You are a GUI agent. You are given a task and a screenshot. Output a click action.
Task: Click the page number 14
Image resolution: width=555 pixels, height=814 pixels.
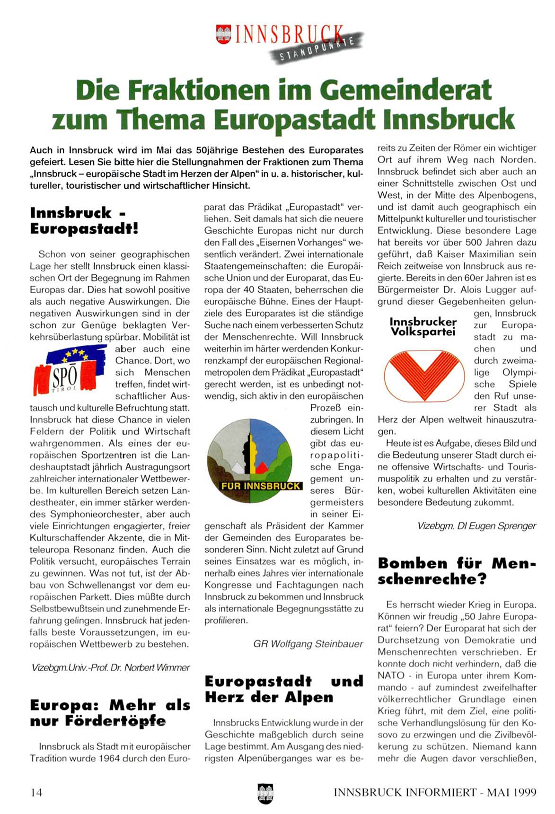(x=36, y=792)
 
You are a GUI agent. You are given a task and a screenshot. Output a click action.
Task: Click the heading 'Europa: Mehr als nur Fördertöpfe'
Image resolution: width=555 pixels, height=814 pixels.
(x=110, y=713)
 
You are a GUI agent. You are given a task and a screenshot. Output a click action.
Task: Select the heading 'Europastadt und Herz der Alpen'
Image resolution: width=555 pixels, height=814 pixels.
(x=284, y=689)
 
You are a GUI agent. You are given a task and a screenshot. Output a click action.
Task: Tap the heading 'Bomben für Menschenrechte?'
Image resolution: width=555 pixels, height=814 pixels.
(x=457, y=571)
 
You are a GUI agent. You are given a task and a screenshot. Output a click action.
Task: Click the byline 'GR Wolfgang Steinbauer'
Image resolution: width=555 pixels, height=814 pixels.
(x=308, y=644)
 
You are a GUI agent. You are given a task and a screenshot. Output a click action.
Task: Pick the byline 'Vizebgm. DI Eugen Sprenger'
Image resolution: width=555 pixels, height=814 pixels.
(x=476, y=526)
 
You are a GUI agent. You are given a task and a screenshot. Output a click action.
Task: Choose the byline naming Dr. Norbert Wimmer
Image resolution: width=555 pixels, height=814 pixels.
(x=110, y=668)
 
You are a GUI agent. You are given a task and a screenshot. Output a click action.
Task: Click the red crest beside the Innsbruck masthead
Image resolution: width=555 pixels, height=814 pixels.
(x=223, y=35)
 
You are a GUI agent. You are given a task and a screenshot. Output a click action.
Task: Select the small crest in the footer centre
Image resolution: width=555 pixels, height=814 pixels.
(x=265, y=791)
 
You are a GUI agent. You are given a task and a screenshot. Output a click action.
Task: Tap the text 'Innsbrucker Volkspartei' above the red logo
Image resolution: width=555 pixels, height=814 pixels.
(x=423, y=327)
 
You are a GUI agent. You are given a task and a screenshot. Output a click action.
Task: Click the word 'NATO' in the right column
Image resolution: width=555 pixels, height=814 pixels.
(x=391, y=676)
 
